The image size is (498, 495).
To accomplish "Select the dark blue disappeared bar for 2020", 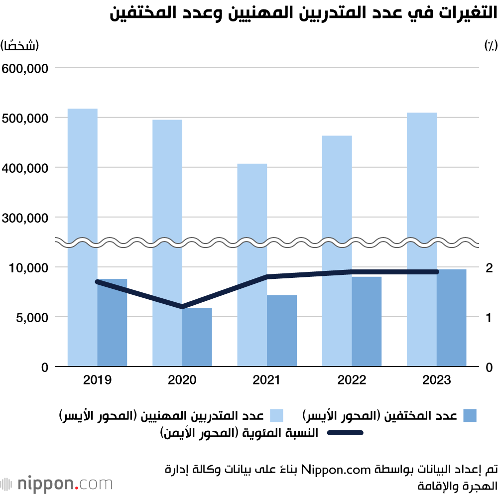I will [x=197, y=337].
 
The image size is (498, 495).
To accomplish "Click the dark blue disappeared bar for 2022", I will [x=367, y=322].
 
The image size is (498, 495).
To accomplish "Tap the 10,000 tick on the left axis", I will [x=27, y=267].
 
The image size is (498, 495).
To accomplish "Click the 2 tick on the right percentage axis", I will [x=489, y=267].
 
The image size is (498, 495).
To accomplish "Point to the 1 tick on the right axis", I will [x=489, y=317].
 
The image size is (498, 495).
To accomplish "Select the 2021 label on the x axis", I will [x=266, y=380].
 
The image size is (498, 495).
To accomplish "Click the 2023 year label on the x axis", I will [x=436, y=380].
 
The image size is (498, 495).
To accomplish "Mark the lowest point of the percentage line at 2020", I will [x=182, y=306].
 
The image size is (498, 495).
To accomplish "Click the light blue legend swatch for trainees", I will [x=276, y=416].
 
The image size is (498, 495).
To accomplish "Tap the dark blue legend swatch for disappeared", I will [x=470, y=416].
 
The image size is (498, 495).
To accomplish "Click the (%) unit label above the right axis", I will [x=490, y=45].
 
